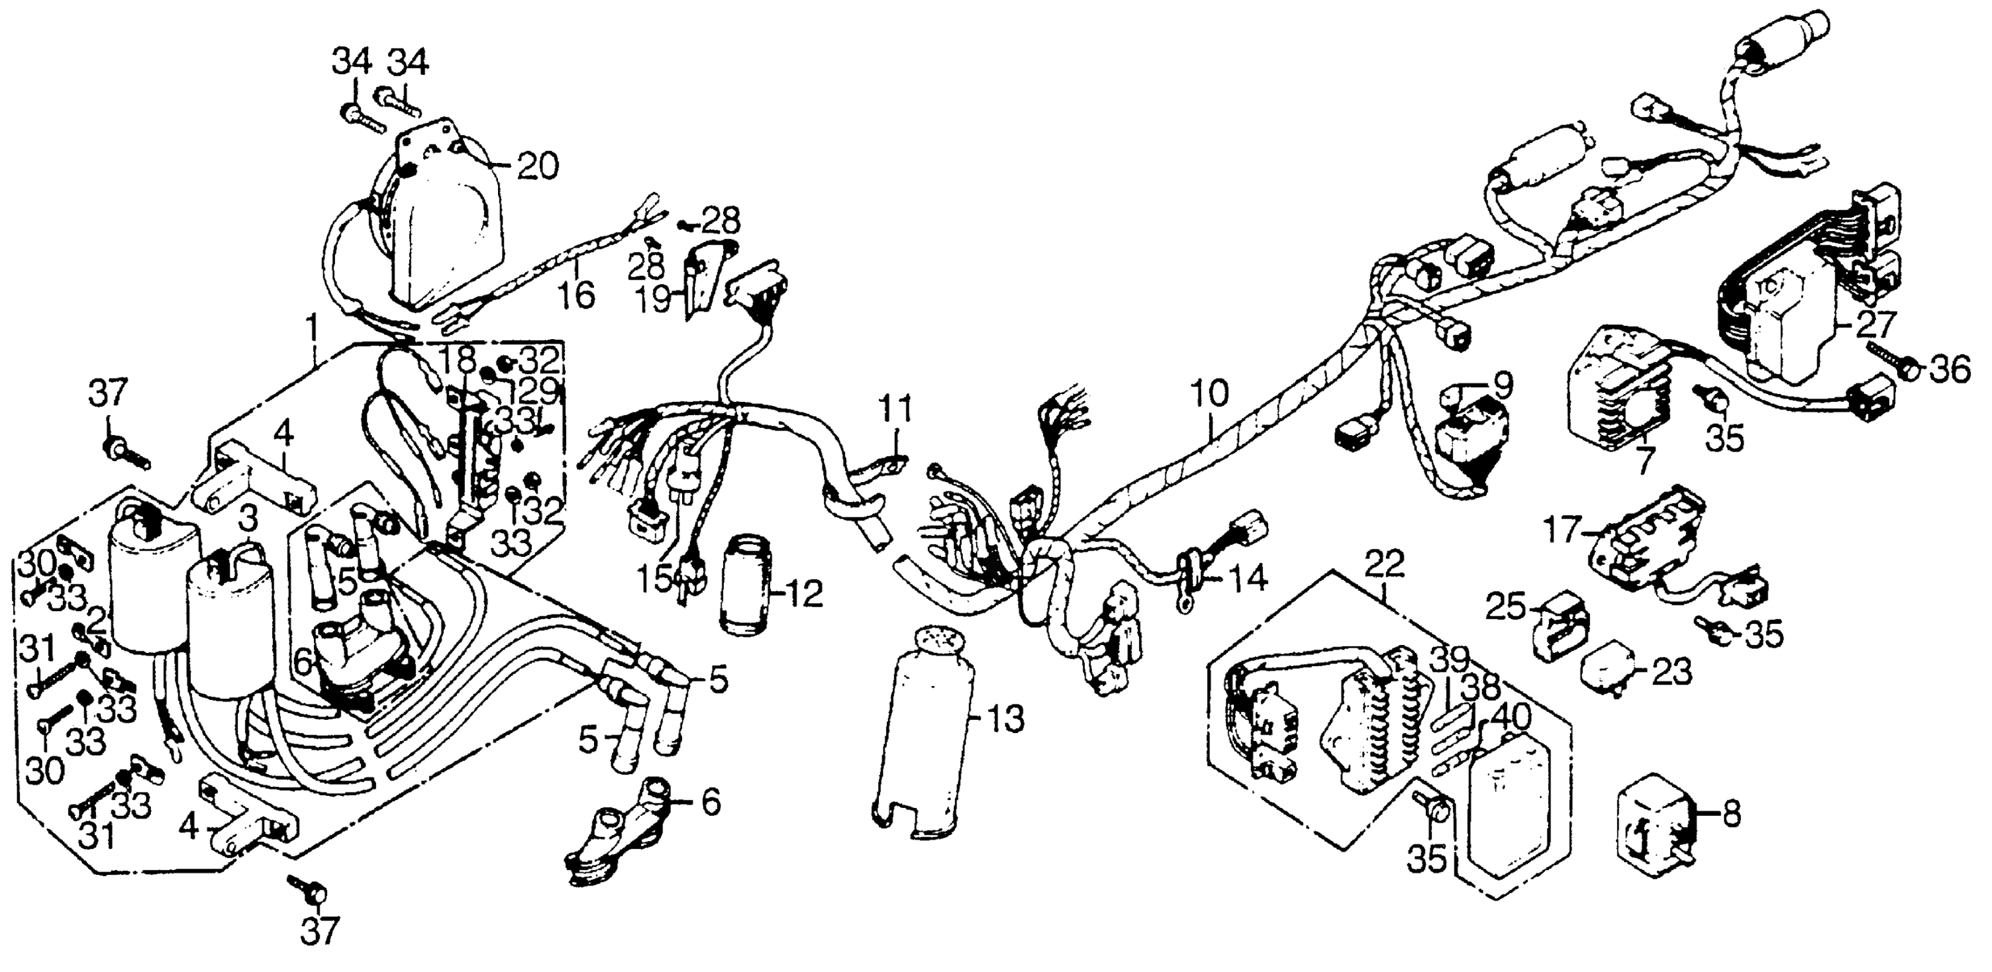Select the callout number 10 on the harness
pos(1209,395)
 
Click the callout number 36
pos(1948,371)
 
